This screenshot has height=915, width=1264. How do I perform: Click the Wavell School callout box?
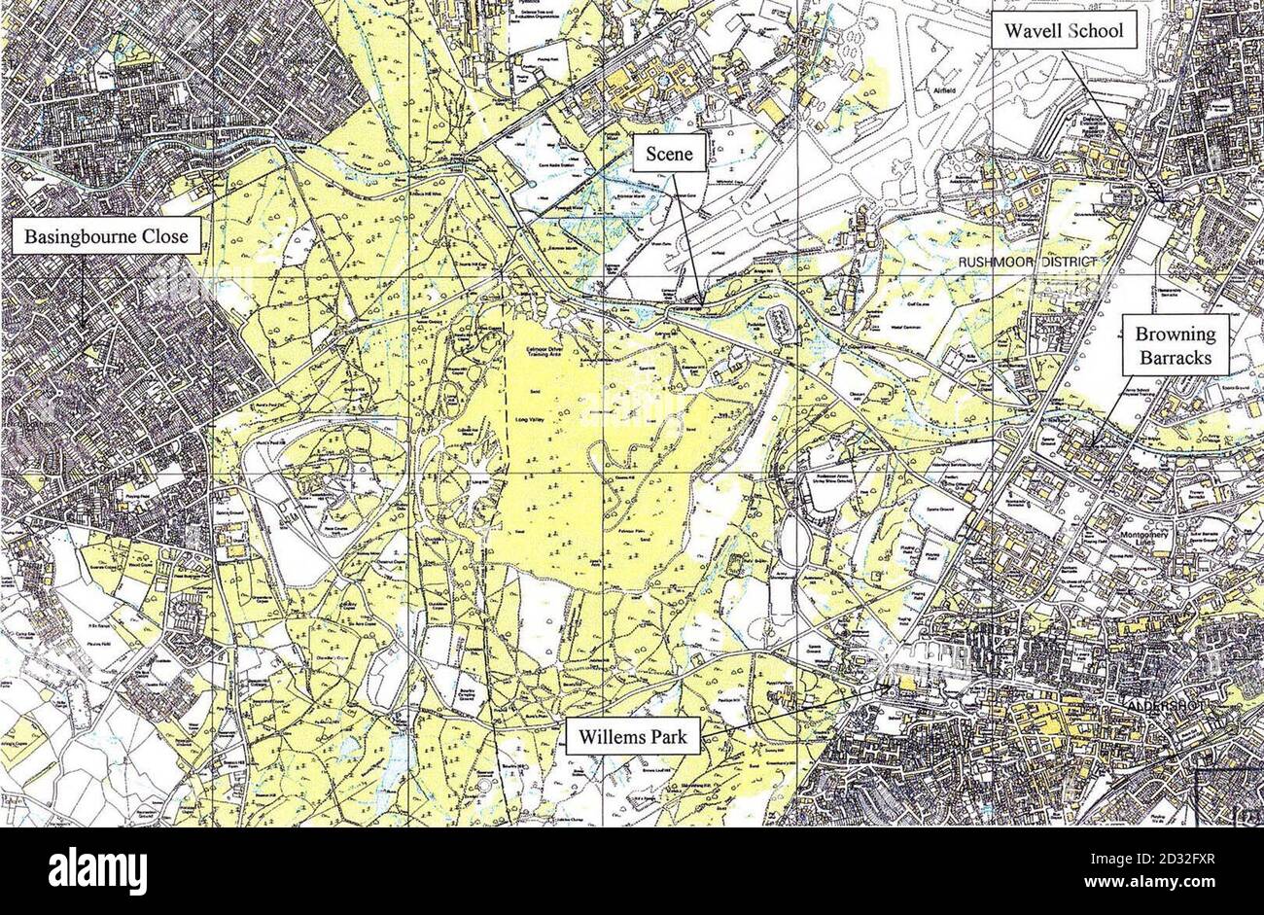tap(1064, 31)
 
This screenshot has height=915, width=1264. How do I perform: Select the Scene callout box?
tap(669, 154)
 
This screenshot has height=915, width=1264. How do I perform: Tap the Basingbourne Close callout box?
tap(107, 236)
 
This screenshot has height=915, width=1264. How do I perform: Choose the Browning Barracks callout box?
tap(1175, 346)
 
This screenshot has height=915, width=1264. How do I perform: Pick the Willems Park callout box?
tap(632, 736)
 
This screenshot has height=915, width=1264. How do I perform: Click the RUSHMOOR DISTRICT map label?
tap(1027, 264)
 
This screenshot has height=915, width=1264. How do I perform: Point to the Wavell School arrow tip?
tap(1161, 201)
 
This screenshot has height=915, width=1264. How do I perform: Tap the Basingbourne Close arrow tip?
tap(82, 328)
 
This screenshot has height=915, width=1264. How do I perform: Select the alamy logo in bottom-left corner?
tap(97, 870)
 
